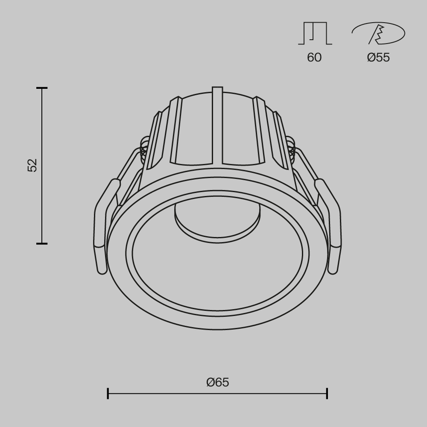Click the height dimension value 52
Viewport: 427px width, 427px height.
point(32,165)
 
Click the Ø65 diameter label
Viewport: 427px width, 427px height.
point(217,382)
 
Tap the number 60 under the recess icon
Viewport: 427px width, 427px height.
point(314,57)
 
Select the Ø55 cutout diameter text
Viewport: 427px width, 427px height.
point(378,57)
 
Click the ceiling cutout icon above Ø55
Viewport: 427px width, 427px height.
point(378,34)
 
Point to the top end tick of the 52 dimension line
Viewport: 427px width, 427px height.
point(42,88)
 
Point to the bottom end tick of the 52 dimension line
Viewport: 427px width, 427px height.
point(42,243)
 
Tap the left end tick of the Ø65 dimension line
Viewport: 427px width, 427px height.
point(108,393)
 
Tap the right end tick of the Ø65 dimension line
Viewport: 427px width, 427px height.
point(327,393)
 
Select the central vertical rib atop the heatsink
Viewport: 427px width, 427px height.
point(217,124)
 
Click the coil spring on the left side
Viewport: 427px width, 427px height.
point(144,147)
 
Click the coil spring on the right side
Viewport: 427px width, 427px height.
point(291,147)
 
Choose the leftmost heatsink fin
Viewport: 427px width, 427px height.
point(155,137)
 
